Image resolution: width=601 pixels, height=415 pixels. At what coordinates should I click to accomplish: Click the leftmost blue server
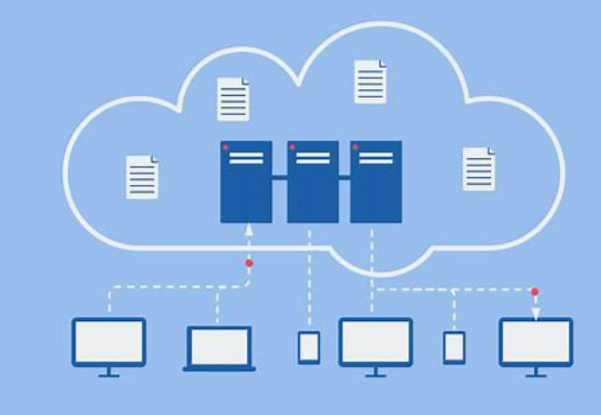pyautogui.click(x=245, y=181)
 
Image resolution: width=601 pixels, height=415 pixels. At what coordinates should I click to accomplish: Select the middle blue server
pyautogui.click(x=312, y=181)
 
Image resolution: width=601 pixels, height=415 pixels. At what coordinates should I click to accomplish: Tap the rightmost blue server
pyautogui.click(x=376, y=181)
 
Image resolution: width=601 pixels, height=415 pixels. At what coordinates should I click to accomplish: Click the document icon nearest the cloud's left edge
pyautogui.click(x=142, y=177)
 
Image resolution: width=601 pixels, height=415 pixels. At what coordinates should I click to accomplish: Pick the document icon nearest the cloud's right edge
pyautogui.click(x=479, y=169)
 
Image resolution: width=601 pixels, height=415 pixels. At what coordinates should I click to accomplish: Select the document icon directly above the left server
pyautogui.click(x=234, y=99)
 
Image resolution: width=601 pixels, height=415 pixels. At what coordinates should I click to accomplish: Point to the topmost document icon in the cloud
pyautogui.click(x=370, y=81)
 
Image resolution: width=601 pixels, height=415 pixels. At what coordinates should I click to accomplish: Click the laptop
pyautogui.click(x=220, y=348)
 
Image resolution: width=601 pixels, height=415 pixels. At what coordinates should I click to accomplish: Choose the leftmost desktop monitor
pyautogui.click(x=108, y=342)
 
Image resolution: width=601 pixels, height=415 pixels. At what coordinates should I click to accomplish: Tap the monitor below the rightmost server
pyautogui.click(x=376, y=342)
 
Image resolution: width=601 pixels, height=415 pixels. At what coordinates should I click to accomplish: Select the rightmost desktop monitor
pyautogui.click(x=536, y=342)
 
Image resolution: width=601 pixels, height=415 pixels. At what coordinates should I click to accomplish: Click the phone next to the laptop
pyautogui.click(x=309, y=347)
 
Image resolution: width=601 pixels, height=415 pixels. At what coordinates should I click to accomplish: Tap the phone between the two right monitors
pyautogui.click(x=454, y=347)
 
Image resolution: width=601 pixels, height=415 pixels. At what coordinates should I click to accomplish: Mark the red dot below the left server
pyautogui.click(x=249, y=263)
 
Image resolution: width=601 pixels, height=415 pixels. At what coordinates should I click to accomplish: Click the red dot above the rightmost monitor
pyautogui.click(x=534, y=291)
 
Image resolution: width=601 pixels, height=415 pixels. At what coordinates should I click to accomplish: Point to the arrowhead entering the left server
pyautogui.click(x=249, y=230)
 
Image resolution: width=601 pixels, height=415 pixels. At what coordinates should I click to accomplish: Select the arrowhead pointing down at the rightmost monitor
pyautogui.click(x=536, y=313)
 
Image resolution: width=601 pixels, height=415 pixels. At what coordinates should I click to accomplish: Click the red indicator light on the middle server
pyautogui.click(x=291, y=147)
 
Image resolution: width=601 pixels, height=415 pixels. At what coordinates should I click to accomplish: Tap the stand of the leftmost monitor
pyautogui.click(x=108, y=372)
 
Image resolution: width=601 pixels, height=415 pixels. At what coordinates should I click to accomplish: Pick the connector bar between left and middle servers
pyautogui.click(x=279, y=177)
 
